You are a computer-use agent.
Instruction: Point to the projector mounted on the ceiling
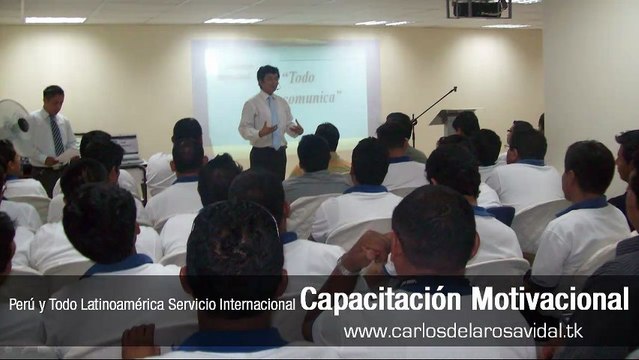click(x=478, y=8)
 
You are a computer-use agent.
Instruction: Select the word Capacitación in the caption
click(x=382, y=298)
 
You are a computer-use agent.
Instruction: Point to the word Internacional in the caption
click(x=261, y=302)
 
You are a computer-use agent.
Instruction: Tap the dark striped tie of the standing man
click(x=57, y=136)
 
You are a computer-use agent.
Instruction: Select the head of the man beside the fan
click(x=53, y=99)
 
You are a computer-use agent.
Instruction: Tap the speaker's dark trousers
click(x=268, y=161)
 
